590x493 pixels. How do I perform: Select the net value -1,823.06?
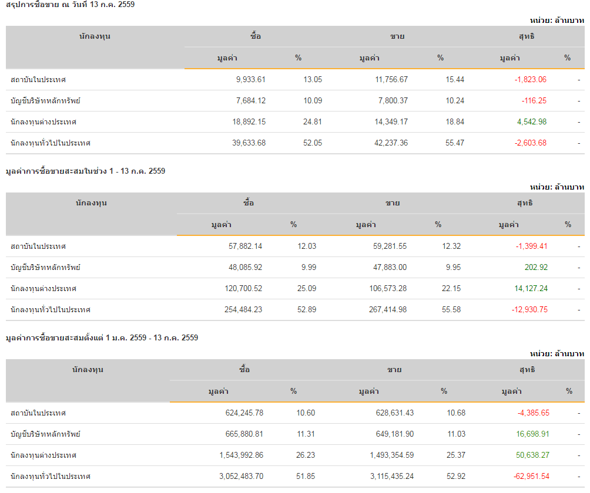pyautogui.click(x=530, y=80)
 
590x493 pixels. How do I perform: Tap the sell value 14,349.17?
pyautogui.click(x=391, y=122)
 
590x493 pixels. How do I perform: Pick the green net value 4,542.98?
pyautogui.click(x=532, y=122)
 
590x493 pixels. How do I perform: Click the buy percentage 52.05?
pyautogui.click(x=313, y=143)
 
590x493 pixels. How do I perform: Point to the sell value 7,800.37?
pyautogui.click(x=391, y=101)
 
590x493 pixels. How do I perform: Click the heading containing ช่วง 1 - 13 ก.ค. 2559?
pyautogui.click(x=86, y=171)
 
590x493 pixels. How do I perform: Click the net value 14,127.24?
pyautogui.click(x=531, y=289)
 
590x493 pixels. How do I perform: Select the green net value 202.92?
pyautogui.click(x=536, y=268)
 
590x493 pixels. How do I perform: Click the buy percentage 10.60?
pyautogui.click(x=306, y=413)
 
